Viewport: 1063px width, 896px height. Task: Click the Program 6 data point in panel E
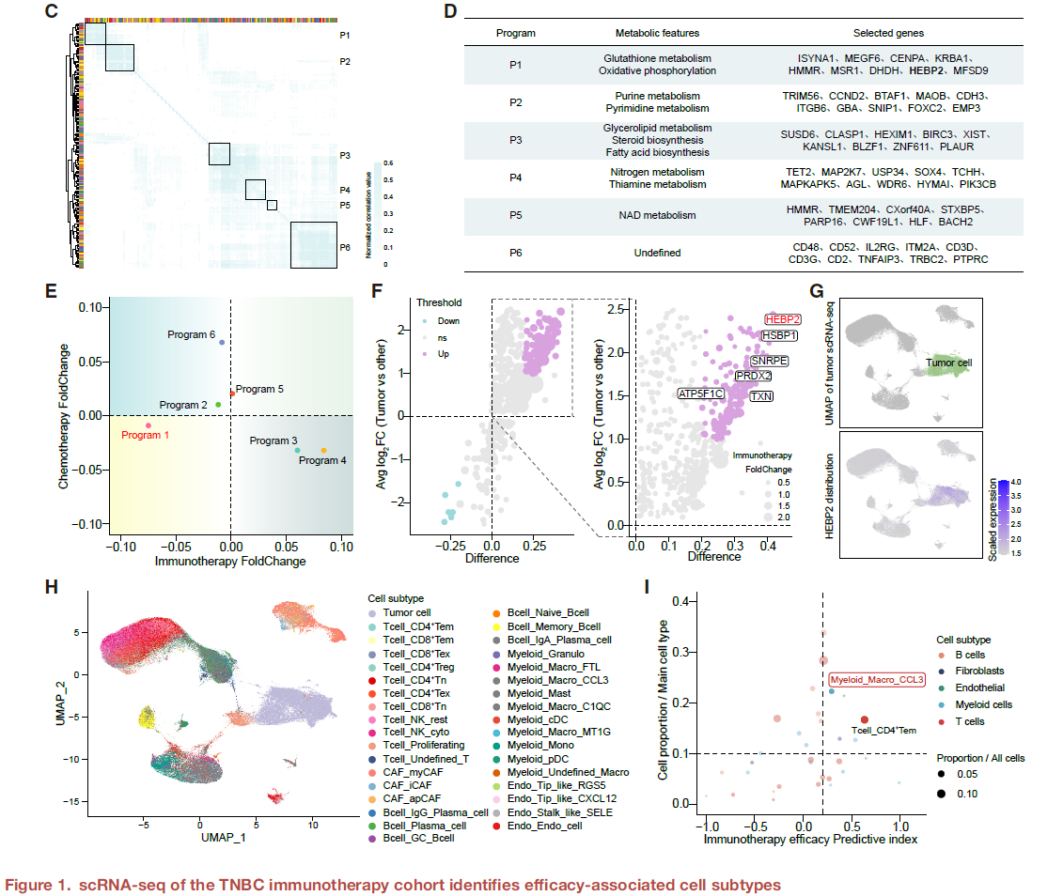pos(222,343)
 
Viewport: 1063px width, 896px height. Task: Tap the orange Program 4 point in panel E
pos(324,451)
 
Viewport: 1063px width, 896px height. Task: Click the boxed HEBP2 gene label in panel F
pos(782,319)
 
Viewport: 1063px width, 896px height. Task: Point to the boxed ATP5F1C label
pos(700,394)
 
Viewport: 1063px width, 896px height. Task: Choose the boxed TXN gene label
pos(761,396)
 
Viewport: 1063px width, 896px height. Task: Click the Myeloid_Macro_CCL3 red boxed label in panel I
pos(876,679)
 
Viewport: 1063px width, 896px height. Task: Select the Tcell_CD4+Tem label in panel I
pos(883,730)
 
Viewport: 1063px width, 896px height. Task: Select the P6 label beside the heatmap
pos(345,249)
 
